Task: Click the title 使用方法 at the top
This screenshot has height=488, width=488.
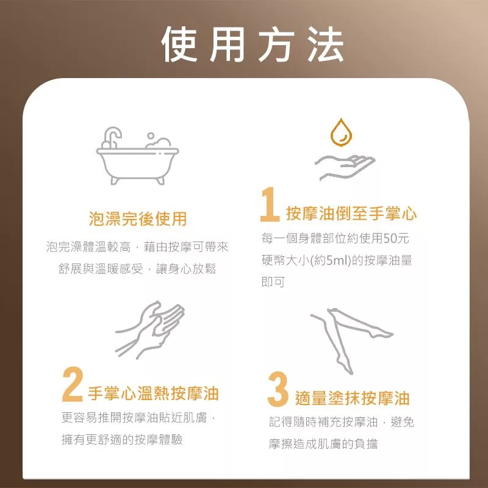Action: coord(253,45)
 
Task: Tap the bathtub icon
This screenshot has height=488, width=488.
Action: coord(137,156)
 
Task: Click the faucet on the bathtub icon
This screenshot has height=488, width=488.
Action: coord(112,137)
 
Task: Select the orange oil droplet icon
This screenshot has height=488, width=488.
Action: coord(341,132)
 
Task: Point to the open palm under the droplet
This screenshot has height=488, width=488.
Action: coord(345,167)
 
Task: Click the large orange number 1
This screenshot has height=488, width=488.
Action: coord(270,204)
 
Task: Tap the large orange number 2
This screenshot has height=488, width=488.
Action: coord(73,384)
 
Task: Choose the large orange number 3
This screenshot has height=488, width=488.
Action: coord(278,389)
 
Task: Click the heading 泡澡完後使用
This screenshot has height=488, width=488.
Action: coord(138,218)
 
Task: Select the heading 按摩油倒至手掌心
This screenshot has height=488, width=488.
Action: coord(351,213)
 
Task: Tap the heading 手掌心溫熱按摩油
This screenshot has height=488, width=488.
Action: coord(154,393)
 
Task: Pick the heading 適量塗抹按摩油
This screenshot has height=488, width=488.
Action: coord(353,398)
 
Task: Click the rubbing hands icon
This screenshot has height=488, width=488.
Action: coord(149,330)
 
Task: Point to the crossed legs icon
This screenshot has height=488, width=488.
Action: coord(352,341)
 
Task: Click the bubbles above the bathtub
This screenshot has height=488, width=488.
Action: coord(158,141)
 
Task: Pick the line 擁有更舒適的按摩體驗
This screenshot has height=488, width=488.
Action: coord(122,440)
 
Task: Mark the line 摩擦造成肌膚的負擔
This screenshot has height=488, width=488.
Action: coord(323,444)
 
